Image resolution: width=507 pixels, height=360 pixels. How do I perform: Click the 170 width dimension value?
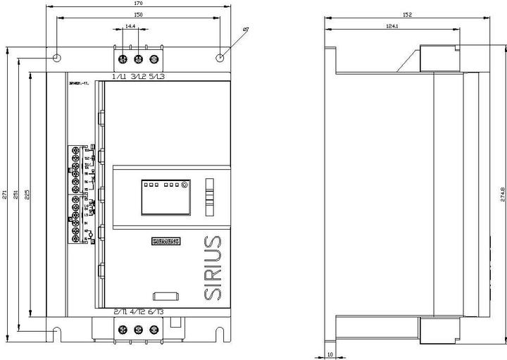138,4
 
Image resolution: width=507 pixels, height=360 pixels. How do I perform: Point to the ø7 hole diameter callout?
245,29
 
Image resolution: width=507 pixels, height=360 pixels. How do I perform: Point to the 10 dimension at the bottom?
330,354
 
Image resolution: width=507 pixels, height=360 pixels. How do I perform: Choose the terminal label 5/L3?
157,75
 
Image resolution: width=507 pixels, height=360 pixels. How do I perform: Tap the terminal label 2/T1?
120,311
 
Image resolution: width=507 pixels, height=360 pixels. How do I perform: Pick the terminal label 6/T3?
156,311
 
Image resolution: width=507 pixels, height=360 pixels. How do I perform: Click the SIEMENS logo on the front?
166,241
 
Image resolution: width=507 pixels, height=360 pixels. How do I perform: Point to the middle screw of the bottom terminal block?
138,329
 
